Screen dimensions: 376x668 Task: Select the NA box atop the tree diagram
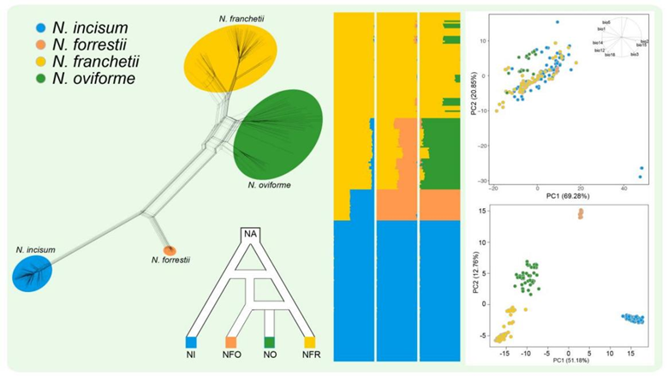[250, 234]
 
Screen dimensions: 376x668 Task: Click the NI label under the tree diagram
[192, 354]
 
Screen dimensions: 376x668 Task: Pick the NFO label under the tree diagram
[230, 354]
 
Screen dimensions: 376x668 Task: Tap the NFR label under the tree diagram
[309, 354]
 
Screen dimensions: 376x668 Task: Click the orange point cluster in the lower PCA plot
[580, 212]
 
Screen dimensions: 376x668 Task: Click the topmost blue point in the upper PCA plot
[558, 22]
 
